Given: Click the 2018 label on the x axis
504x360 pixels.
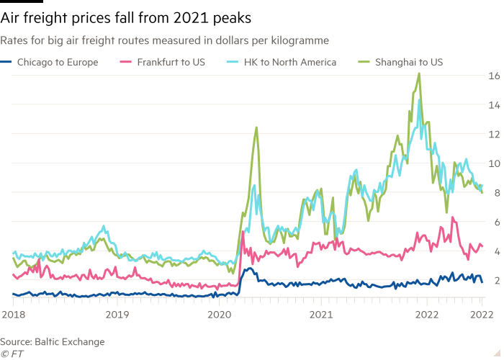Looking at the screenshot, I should click(13, 315).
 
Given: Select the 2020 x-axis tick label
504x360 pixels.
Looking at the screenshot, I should click(219, 315).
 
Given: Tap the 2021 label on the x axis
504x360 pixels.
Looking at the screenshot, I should click(322, 315).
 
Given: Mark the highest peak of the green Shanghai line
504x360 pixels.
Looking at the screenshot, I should click(419, 73).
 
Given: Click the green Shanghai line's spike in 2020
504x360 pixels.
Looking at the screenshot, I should click(256, 127).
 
